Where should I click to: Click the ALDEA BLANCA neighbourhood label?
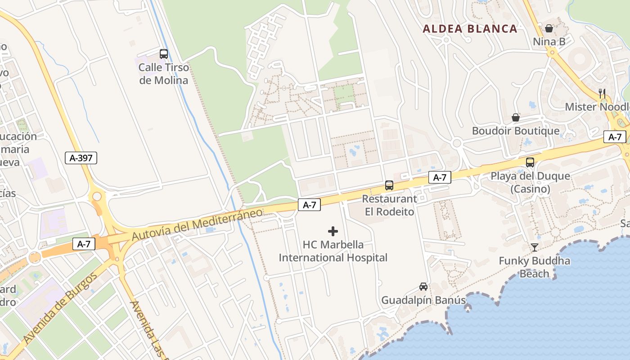click(470, 29)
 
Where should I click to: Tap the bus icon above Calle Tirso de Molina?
click(164, 54)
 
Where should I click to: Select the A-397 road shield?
click(81, 158)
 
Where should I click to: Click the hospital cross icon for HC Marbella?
click(333, 231)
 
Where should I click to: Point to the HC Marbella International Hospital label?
click(333, 251)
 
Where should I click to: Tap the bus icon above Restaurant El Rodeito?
click(389, 185)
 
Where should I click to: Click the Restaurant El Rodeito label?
click(390, 205)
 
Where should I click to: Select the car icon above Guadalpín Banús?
click(423, 286)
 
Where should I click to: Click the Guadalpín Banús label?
click(423, 300)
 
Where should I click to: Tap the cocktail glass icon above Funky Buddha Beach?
click(534, 247)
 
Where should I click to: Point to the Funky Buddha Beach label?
click(535, 267)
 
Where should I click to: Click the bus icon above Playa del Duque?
click(530, 162)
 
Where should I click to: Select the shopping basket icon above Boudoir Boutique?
click(516, 117)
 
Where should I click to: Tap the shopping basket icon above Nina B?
click(549, 28)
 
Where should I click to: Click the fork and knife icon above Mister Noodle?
click(602, 93)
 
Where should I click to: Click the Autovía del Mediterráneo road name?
click(197, 224)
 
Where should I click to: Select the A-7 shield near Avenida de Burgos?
click(84, 244)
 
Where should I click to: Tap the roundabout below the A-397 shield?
click(97, 197)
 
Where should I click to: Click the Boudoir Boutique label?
click(516, 131)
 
